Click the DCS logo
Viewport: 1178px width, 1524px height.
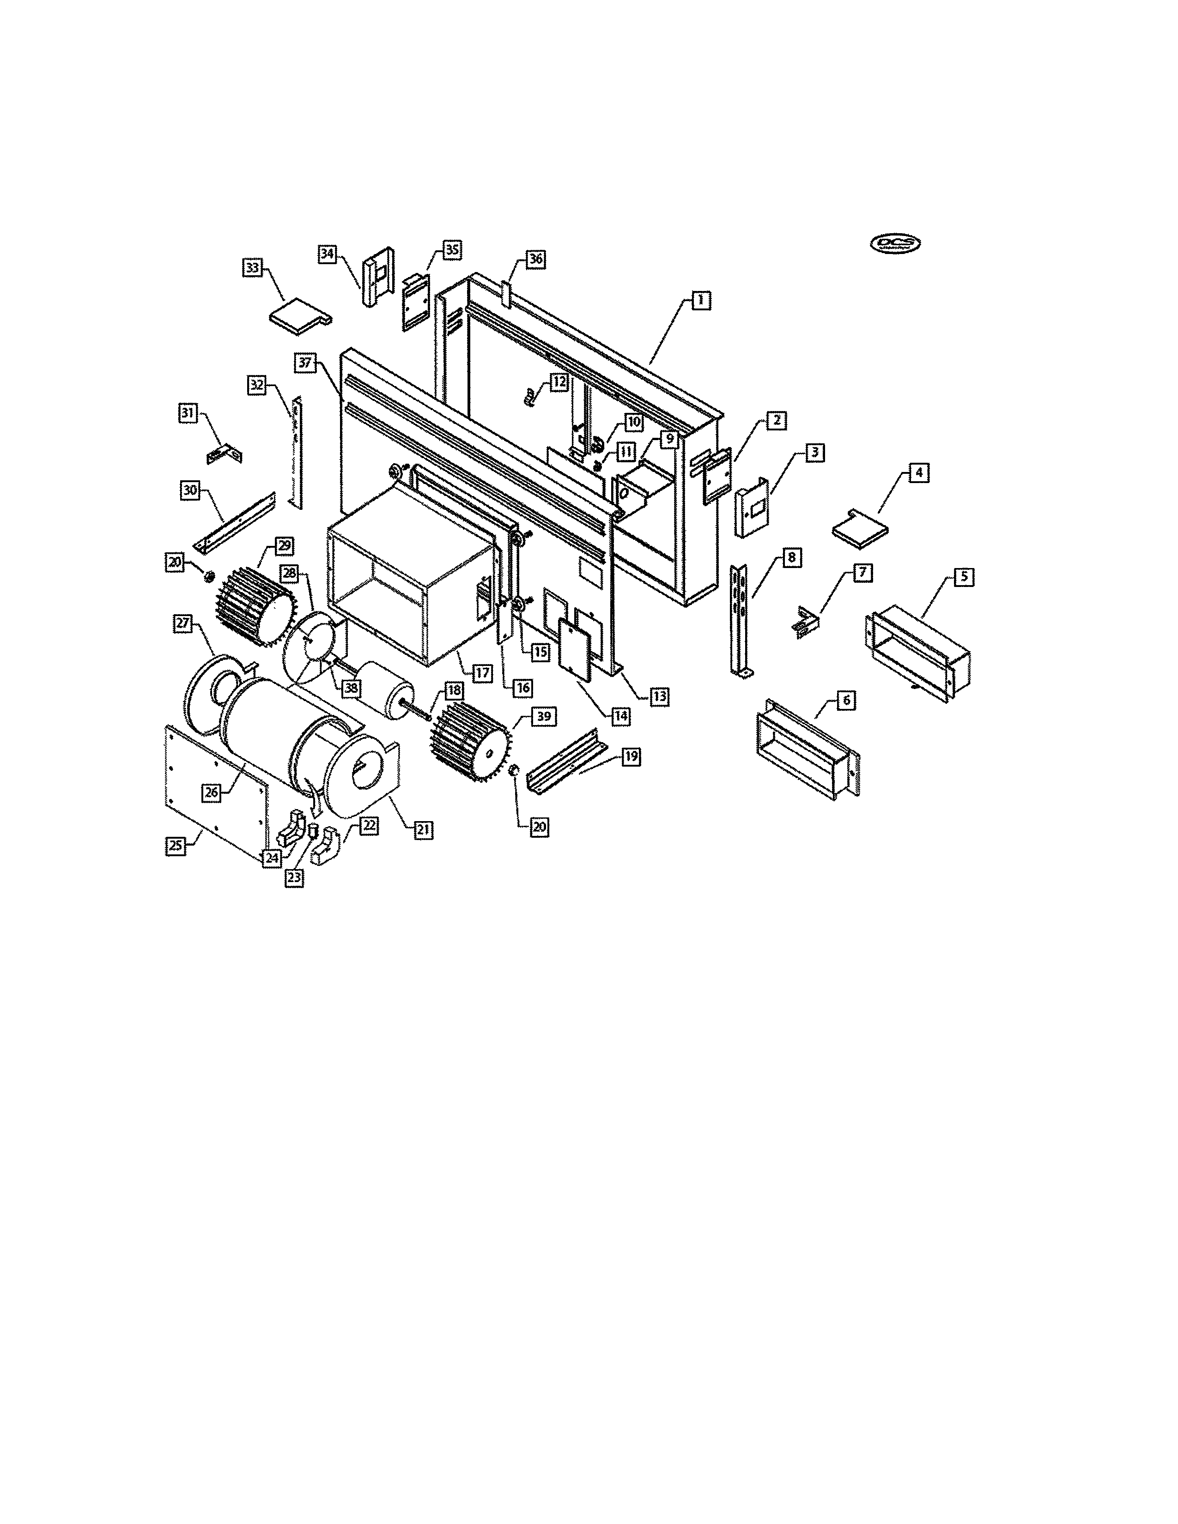point(895,243)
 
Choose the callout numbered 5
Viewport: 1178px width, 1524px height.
point(964,577)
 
